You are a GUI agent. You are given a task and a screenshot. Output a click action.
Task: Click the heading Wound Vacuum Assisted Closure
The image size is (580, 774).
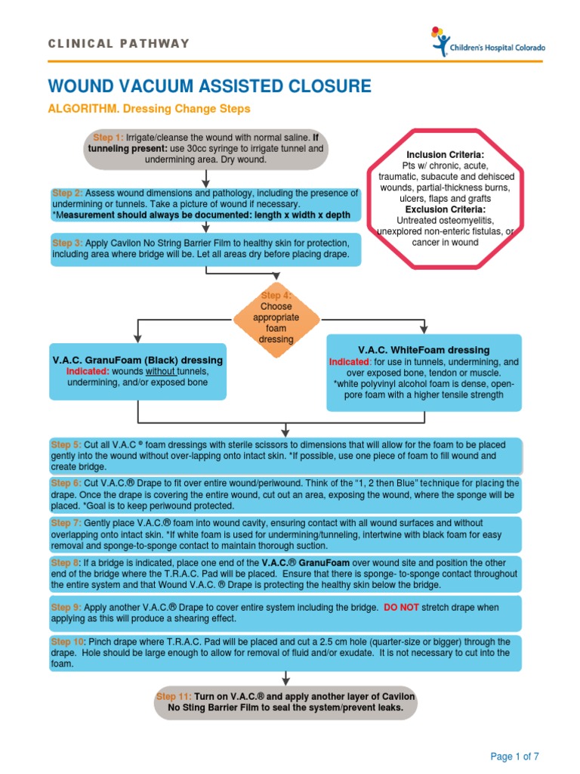point(210,85)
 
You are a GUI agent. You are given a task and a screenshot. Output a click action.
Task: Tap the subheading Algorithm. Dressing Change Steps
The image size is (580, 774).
point(149,109)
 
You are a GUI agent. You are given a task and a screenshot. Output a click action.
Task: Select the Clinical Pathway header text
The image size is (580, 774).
point(119,43)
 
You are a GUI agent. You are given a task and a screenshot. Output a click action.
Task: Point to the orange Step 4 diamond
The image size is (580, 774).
point(276,317)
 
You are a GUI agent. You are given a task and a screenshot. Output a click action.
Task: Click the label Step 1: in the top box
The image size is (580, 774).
point(108,138)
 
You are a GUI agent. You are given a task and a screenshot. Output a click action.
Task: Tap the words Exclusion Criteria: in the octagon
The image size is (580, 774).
point(444,209)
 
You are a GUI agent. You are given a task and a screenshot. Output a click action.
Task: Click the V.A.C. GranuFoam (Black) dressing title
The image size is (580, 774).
point(137,360)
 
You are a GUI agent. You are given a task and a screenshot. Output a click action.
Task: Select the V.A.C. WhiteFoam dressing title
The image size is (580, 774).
point(424,350)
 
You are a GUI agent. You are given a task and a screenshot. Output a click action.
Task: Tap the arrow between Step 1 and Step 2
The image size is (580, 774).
point(205,178)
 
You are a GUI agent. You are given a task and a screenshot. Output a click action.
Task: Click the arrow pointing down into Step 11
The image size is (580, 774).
point(286,677)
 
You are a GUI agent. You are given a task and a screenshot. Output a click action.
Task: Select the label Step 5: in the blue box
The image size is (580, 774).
point(65,444)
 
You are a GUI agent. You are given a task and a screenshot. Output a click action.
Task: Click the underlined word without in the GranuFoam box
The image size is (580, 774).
point(160,372)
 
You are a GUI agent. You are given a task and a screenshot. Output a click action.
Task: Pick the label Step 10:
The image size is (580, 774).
point(67,641)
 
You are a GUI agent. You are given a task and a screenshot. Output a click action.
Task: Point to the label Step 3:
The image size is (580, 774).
point(67,243)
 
